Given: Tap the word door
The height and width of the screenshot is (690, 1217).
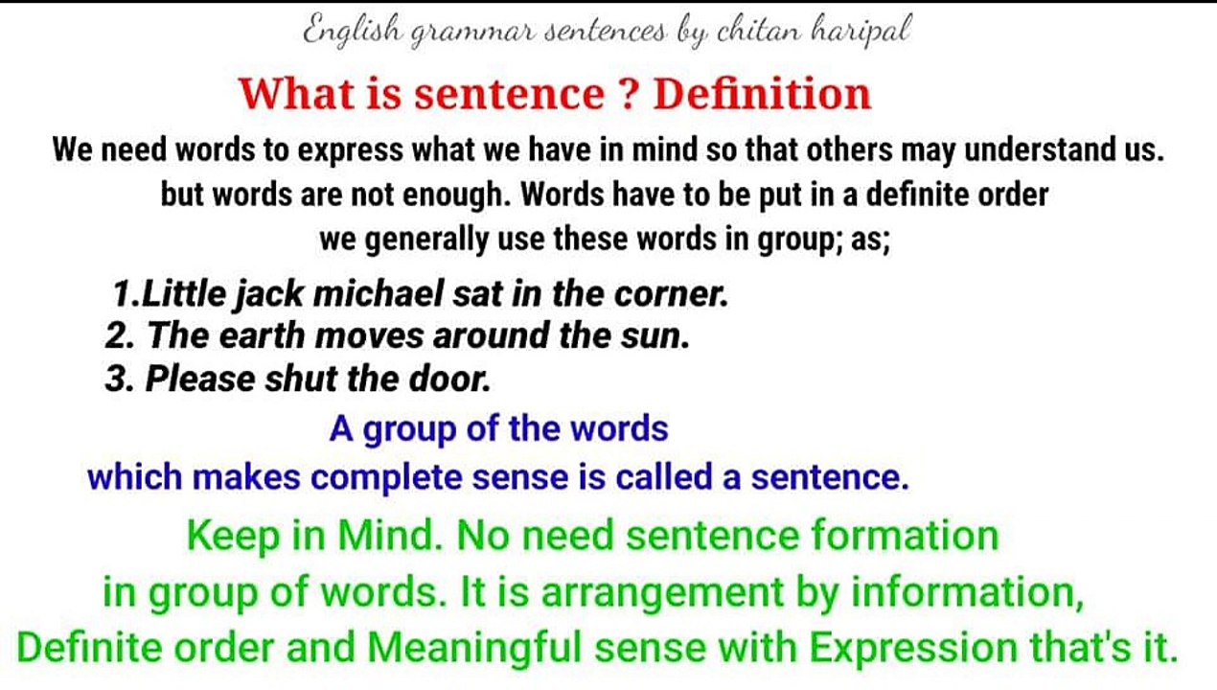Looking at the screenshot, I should click(x=454, y=379).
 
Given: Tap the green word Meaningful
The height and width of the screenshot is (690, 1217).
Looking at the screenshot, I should click(x=474, y=649).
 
